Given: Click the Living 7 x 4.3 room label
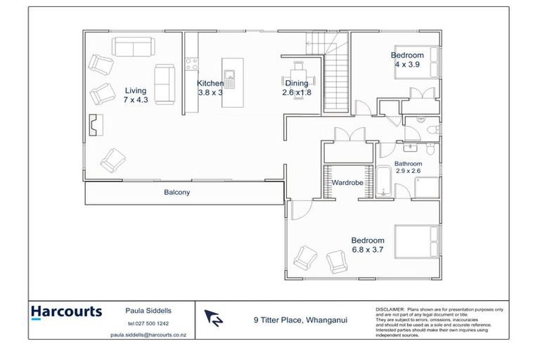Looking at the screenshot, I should click(x=136, y=95).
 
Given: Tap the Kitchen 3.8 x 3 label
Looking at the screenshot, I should click(x=210, y=88).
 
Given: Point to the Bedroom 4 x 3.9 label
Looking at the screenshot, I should click(x=407, y=60).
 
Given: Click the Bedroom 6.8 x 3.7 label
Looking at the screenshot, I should click(x=368, y=245).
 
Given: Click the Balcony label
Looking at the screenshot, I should click(x=177, y=192).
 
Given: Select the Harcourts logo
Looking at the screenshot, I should click(x=67, y=312).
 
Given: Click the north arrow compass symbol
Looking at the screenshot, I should click(x=214, y=319).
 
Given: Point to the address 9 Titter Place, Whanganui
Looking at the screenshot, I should click(x=300, y=320).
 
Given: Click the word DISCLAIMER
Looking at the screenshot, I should click(x=390, y=309).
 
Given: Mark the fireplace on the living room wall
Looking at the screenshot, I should click(x=95, y=125).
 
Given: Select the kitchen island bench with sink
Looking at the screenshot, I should click(x=231, y=83).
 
